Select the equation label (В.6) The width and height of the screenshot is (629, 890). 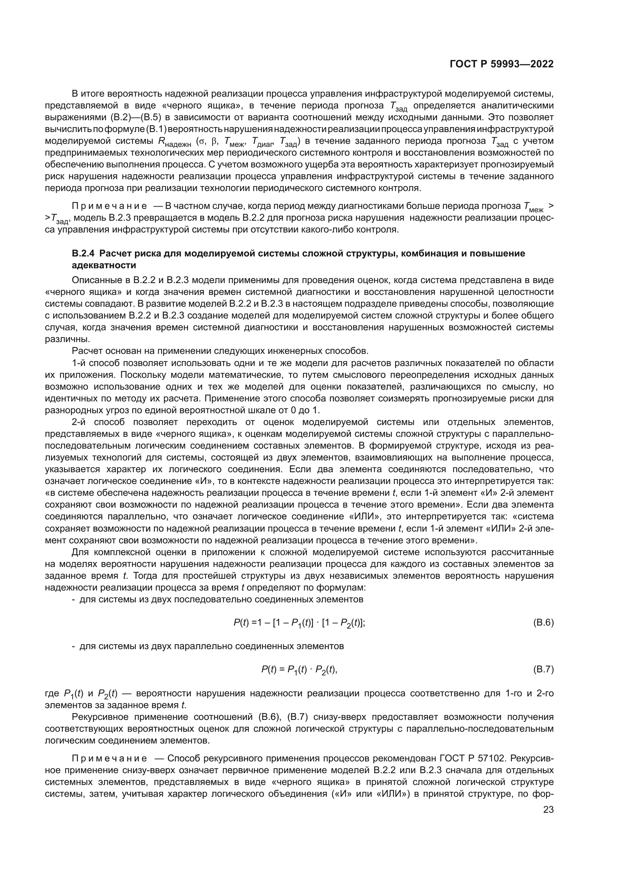point(543,623)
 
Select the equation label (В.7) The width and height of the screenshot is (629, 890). point(543,669)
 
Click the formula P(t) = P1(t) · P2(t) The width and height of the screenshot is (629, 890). point(299,670)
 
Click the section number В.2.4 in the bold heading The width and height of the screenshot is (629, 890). point(83,254)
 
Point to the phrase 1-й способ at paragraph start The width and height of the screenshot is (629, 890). point(95,363)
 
